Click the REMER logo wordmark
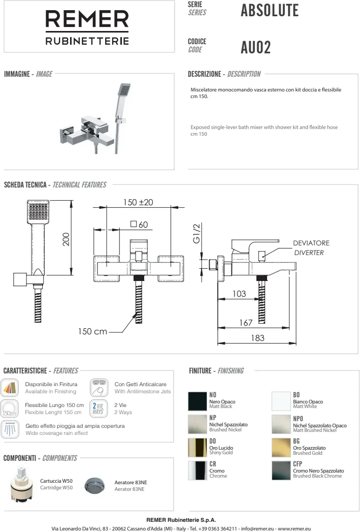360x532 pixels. (87, 19)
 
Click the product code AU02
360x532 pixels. (255, 47)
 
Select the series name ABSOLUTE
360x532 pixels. (270, 11)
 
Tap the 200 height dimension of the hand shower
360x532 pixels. (66, 239)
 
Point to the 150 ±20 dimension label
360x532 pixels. (138, 203)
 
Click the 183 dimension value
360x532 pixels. (257, 338)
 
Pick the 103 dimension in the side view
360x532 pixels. (239, 294)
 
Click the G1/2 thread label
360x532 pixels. (197, 233)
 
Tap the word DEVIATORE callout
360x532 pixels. (311, 243)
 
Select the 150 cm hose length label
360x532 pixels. (92, 331)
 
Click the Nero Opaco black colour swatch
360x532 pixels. (198, 401)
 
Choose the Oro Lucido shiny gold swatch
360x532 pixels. (198, 448)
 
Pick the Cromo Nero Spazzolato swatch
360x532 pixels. (281, 471)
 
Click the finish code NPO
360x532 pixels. (298, 419)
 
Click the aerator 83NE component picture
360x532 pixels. (94, 486)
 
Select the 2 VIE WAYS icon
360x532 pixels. (99, 408)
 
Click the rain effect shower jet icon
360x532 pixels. (10, 429)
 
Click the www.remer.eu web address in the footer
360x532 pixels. (294, 528)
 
